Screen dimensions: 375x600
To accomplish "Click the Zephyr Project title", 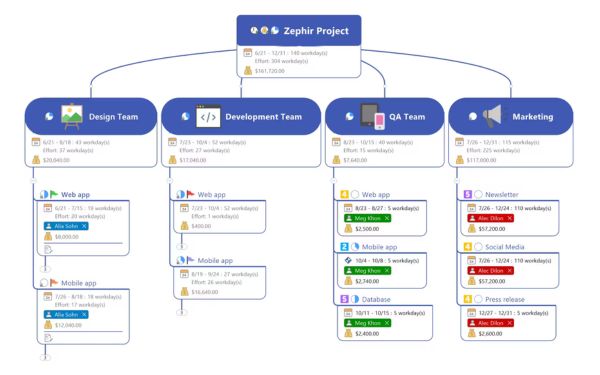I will click(316, 31).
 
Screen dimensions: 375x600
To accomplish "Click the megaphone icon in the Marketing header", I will click(490, 116).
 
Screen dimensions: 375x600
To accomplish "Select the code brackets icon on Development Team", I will click(207, 116).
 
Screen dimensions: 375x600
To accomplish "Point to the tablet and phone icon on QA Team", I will click(372, 117).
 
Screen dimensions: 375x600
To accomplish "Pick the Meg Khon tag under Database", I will click(367, 322).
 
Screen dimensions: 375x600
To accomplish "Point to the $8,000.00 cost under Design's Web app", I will click(67, 237).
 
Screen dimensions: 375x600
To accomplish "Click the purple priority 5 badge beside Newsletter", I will click(467, 195).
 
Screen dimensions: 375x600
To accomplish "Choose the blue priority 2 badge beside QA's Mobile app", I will click(344, 246).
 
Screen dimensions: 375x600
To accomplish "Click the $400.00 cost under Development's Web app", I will click(202, 226).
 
